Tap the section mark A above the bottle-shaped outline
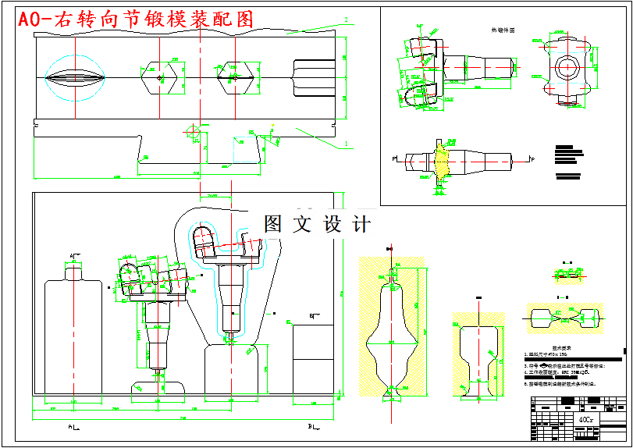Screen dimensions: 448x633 (73, 255)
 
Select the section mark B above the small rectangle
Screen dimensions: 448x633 (311, 315)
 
